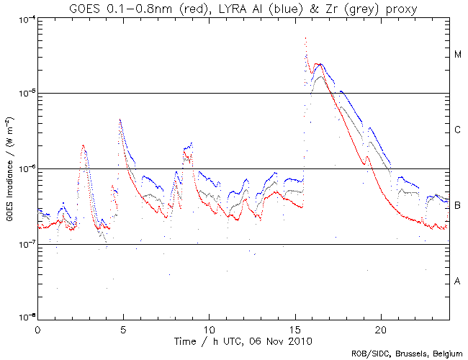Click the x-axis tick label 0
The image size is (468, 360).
click(x=37, y=328)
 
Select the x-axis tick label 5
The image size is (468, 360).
click(x=123, y=328)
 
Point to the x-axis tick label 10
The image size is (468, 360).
click(x=209, y=328)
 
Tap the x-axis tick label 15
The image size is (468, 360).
click(x=295, y=328)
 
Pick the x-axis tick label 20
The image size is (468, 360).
click(x=381, y=328)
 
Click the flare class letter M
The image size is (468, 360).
click(x=458, y=55)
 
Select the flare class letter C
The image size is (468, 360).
click(x=458, y=130)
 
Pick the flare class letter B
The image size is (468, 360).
click(x=458, y=206)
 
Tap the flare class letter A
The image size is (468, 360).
click(x=458, y=281)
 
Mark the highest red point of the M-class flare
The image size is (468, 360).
click(x=306, y=38)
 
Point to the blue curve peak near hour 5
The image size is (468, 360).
click(x=120, y=120)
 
